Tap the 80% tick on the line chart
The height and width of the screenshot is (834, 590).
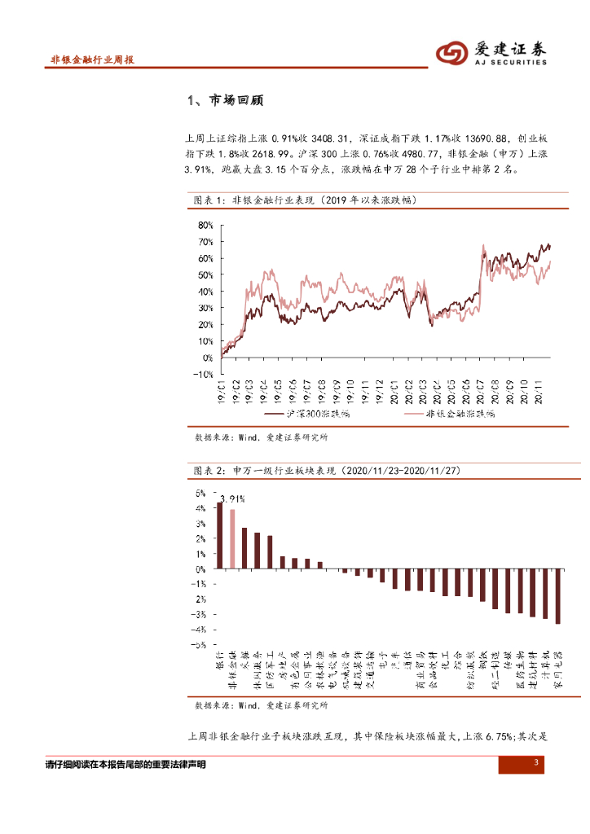(205, 225)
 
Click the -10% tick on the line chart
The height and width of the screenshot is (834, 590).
(203, 375)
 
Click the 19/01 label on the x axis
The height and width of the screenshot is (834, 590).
(221, 391)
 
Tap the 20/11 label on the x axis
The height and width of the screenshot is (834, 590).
(539, 391)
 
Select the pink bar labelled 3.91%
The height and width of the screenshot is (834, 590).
(232, 539)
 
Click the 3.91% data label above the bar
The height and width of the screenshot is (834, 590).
(232, 498)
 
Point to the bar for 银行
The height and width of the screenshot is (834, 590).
(219, 535)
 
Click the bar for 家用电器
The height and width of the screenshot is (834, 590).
(558, 596)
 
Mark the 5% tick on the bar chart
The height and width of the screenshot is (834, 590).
(200, 494)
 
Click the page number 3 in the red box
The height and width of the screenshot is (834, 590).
(536, 763)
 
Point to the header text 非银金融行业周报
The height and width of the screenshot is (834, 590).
(92, 59)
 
